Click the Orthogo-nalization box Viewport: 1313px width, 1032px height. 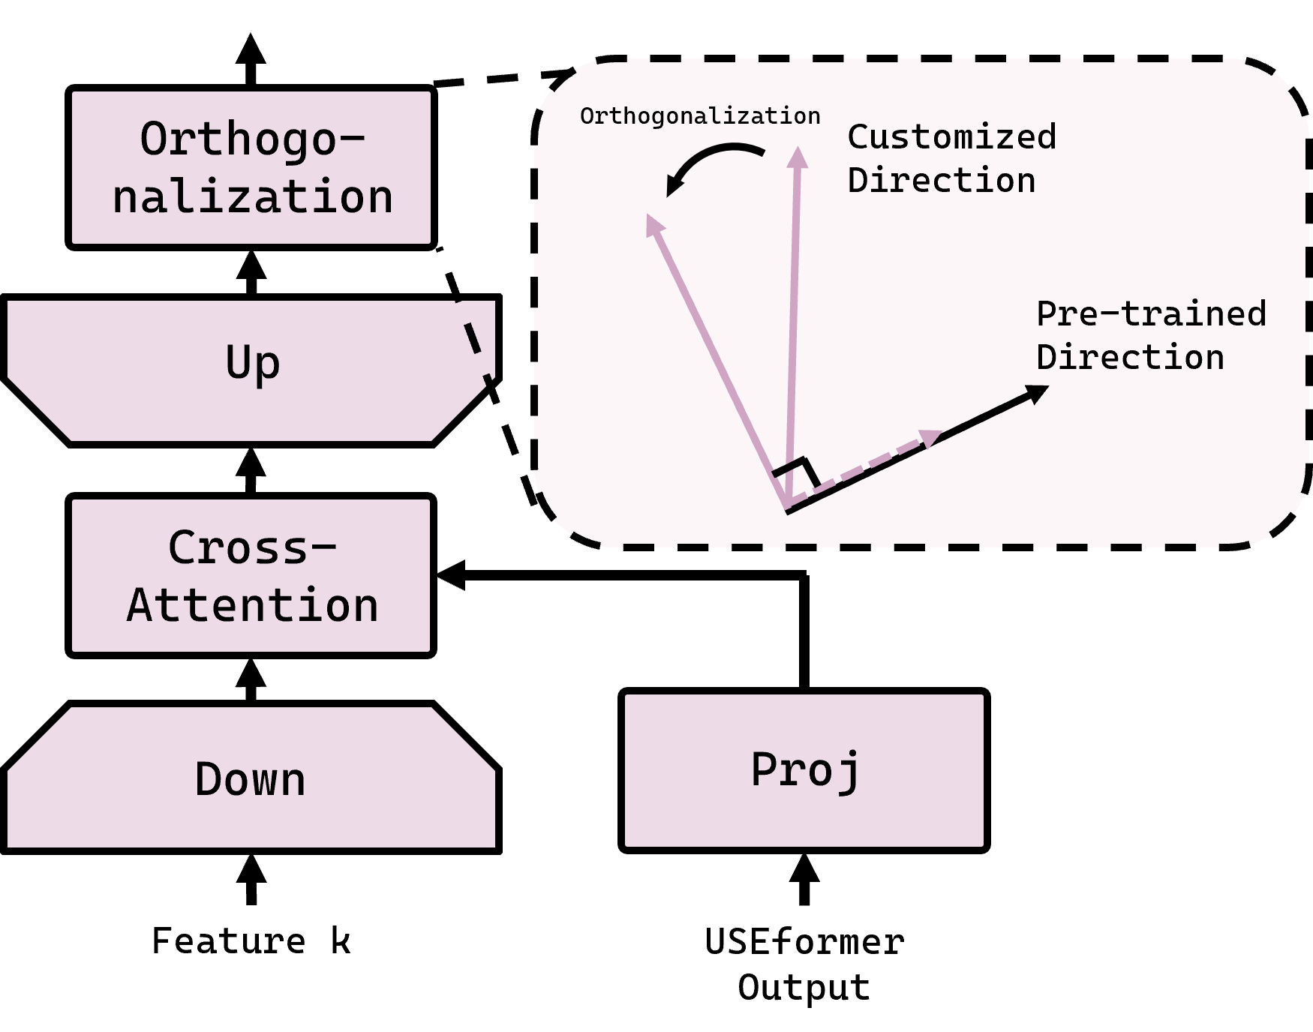251,167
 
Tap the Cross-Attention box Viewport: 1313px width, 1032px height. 251,575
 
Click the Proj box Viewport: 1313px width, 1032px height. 804,770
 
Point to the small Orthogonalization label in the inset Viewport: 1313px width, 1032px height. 699,116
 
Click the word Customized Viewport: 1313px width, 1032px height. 951,137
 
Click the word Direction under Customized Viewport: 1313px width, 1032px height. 941,181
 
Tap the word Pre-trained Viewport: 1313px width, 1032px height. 1150,313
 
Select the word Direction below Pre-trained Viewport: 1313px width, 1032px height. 1129,357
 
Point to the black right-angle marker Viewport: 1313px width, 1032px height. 800,469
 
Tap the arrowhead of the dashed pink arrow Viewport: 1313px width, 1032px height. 930,438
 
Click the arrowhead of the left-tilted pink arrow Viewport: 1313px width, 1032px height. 653,223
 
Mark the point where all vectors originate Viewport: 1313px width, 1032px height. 787,508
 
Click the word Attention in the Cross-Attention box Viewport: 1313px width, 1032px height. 252,605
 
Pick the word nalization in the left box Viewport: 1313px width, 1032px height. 252,197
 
